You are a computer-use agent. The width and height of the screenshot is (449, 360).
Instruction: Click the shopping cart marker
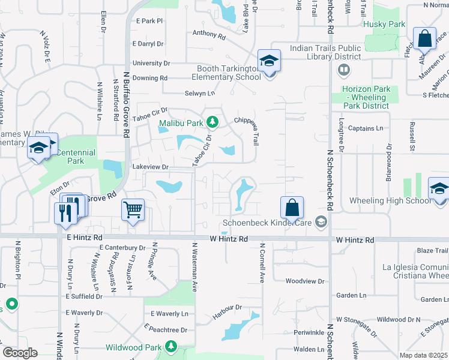click(x=133, y=210)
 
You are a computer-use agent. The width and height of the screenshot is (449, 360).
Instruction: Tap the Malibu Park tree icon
click(x=212, y=123)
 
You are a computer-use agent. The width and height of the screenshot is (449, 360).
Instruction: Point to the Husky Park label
click(x=384, y=25)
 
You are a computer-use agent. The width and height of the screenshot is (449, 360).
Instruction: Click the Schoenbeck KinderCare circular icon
click(x=322, y=222)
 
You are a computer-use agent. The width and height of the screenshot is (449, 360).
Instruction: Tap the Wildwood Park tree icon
click(x=171, y=347)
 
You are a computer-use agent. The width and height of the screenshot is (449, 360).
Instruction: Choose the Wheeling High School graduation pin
click(x=439, y=189)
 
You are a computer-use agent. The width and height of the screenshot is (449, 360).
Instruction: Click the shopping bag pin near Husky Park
click(x=424, y=39)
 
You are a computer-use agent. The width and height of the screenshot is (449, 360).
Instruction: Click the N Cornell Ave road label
click(x=262, y=263)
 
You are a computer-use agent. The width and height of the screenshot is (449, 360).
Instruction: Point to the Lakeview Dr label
click(x=149, y=167)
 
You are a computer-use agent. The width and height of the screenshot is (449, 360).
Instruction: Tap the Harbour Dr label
click(x=226, y=307)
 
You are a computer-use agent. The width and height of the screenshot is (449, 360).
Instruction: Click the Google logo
click(x=20, y=353)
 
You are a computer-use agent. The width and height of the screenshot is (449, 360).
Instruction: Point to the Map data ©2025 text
click(x=424, y=355)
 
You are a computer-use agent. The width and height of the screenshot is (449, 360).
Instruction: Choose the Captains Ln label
click(x=366, y=128)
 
